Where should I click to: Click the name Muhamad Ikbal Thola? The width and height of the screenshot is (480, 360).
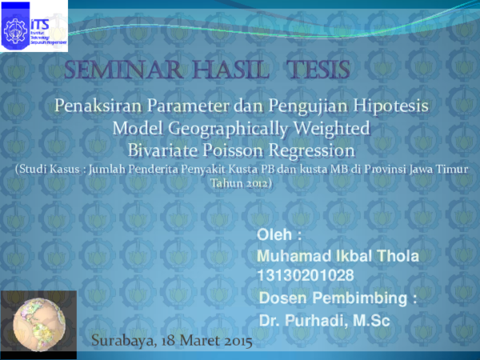coord(337,256)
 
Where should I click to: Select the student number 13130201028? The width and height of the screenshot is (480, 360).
coord(306,275)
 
